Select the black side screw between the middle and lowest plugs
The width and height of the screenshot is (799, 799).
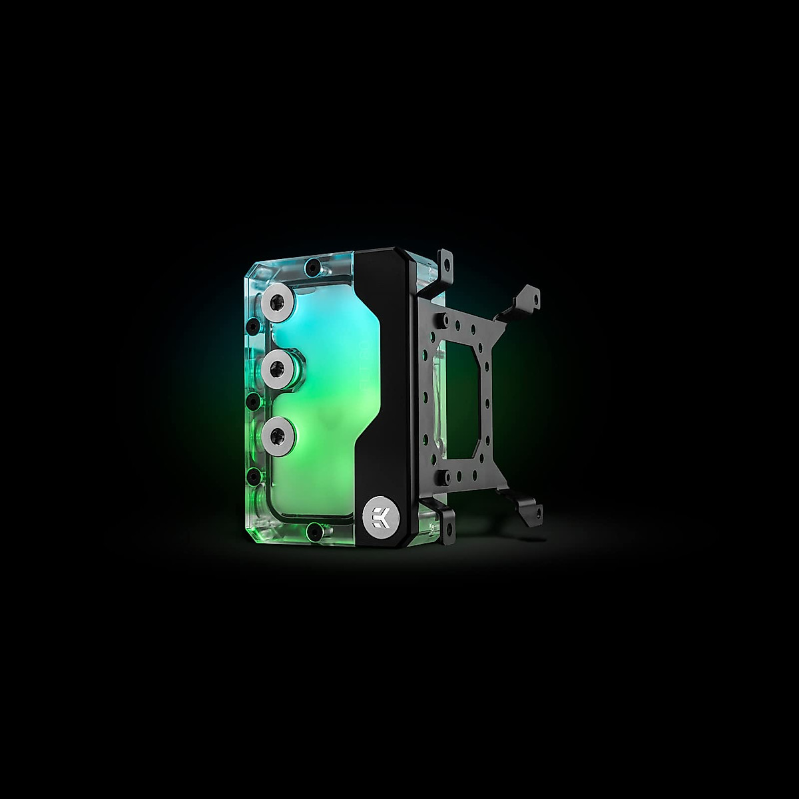coord(253,400)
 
